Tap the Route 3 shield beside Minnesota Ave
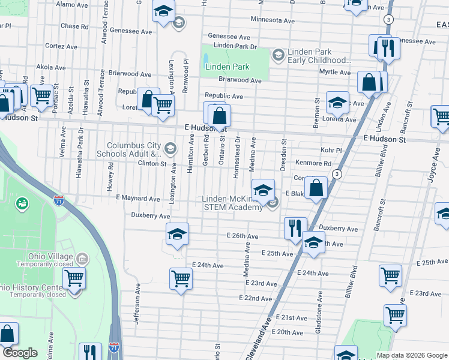(390, 20)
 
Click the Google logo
(20, 353)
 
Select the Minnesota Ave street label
(273, 20)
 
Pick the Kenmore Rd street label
(313, 163)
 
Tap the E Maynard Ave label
(138, 198)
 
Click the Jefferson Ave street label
(137, 304)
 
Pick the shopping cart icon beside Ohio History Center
(74, 279)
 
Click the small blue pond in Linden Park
(206, 59)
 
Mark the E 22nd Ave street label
(255, 298)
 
